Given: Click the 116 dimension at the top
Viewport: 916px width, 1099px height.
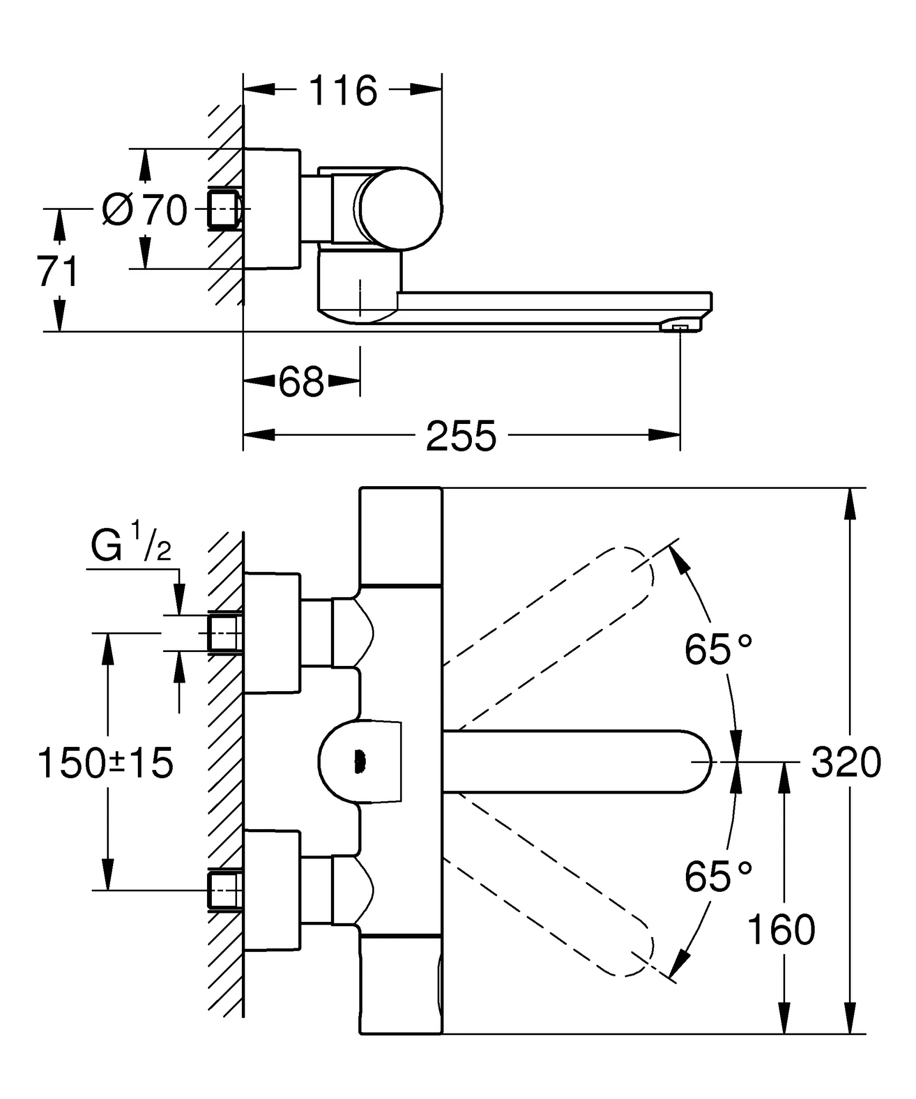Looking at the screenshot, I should click(x=343, y=91).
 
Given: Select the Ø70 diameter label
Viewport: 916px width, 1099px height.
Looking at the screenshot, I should click(x=145, y=210).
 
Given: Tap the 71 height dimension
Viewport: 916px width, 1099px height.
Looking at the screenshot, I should click(x=57, y=272).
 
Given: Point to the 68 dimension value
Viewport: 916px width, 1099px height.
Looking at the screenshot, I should click(x=301, y=383).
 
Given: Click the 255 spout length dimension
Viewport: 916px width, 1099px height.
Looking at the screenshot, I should click(x=461, y=436).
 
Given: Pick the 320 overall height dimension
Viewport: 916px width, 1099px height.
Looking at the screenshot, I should click(x=846, y=763).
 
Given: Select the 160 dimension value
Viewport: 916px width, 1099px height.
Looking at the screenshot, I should click(x=781, y=930).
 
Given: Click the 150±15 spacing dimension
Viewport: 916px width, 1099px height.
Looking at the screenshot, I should click(x=106, y=763).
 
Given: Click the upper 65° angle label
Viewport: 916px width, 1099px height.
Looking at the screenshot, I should click(x=718, y=649).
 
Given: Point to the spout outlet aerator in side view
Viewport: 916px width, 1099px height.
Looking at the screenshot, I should click(x=680, y=327).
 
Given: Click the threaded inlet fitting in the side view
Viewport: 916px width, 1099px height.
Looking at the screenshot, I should click(x=224, y=209).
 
